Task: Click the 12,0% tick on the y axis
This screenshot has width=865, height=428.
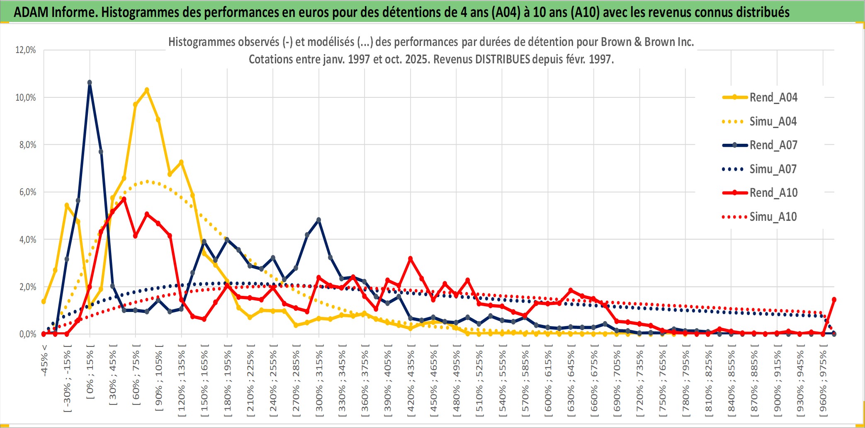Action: [x=26, y=50]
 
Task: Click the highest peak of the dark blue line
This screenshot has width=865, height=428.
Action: [x=90, y=83]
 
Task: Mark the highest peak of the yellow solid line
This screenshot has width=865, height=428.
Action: [x=147, y=90]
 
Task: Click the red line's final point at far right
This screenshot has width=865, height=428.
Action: [x=834, y=300]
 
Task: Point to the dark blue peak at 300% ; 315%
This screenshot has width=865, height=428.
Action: [x=318, y=220]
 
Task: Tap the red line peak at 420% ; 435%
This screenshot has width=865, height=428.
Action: [x=411, y=259]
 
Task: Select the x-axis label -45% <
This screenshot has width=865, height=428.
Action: [x=44, y=360]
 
